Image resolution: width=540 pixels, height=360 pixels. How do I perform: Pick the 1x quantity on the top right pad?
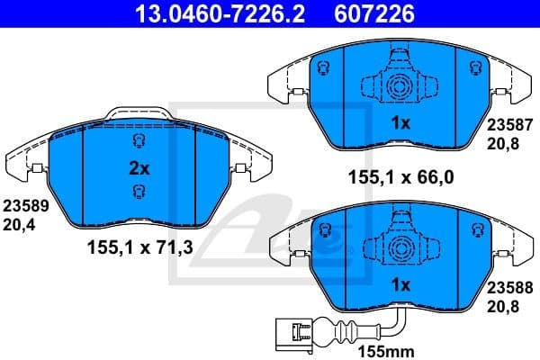click(x=400, y=123)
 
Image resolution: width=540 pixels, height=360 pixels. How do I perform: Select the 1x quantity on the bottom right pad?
click(x=400, y=285)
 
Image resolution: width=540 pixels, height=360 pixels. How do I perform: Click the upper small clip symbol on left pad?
click(x=138, y=142)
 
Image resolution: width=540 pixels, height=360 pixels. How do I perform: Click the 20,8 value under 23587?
click(x=503, y=144)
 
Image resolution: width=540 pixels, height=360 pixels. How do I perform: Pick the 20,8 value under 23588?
click(x=503, y=306)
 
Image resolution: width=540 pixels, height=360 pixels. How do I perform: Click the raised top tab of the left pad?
click(x=138, y=114)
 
